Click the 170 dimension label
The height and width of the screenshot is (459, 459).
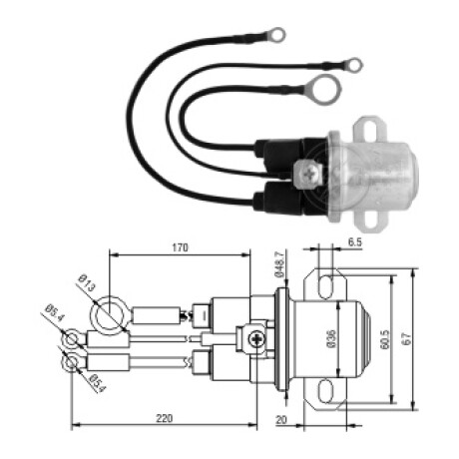180,247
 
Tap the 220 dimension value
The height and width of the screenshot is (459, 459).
165,418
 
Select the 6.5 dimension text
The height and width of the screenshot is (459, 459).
355,242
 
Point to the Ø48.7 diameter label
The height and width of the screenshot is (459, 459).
279,264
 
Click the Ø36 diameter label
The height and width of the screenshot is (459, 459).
332,339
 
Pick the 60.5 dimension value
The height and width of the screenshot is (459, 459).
385,339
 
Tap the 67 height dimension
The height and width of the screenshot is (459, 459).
407,339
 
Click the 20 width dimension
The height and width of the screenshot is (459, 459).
281,420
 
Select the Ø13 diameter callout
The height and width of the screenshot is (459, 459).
87,283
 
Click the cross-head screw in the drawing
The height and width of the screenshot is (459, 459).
257,339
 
